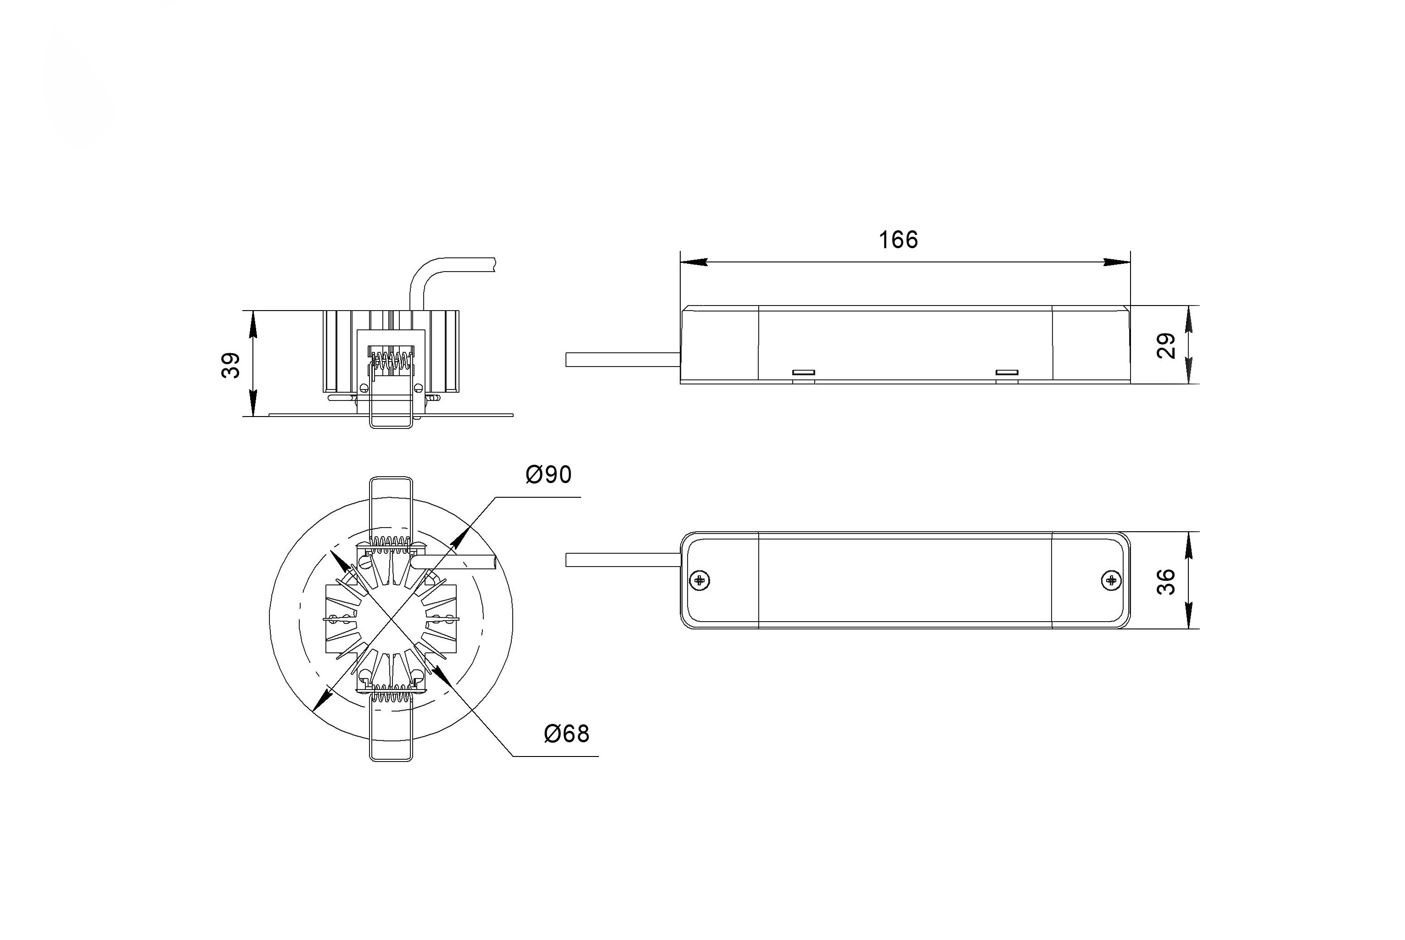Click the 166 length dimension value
pyautogui.click(x=898, y=240)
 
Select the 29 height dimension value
pyautogui.click(x=1166, y=345)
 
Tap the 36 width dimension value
pyautogui.click(x=1166, y=582)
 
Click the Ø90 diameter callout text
pyautogui.click(x=548, y=475)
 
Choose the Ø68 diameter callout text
pyautogui.click(x=566, y=734)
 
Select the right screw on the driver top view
pyautogui.click(x=1111, y=580)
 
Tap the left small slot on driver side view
pyautogui.click(x=804, y=372)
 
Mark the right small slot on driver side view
pyautogui.click(x=1007, y=372)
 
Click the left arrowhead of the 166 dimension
pyautogui.click(x=694, y=262)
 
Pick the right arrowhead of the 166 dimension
pyautogui.click(x=1117, y=262)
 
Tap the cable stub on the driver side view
pyautogui.click(x=622, y=359)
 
